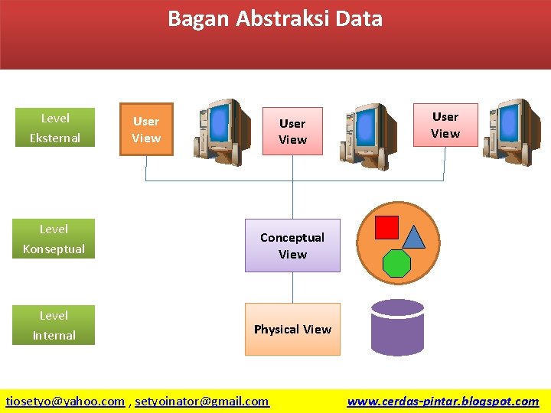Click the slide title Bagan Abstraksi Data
(x=275, y=19)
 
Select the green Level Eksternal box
(x=54, y=128)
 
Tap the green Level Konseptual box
(x=54, y=239)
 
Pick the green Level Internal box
(x=54, y=325)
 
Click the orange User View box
(x=146, y=129)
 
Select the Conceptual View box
(x=292, y=246)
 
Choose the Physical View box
(x=292, y=329)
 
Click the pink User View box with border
(x=445, y=125)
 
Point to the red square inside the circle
(x=387, y=227)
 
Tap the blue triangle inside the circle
(x=413, y=238)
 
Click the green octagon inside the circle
(x=396, y=262)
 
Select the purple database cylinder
(x=397, y=327)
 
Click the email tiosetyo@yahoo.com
(x=65, y=401)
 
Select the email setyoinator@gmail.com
(x=202, y=401)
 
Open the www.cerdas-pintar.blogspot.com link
(x=442, y=401)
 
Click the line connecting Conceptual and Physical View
(x=292, y=288)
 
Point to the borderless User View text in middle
(x=292, y=132)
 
